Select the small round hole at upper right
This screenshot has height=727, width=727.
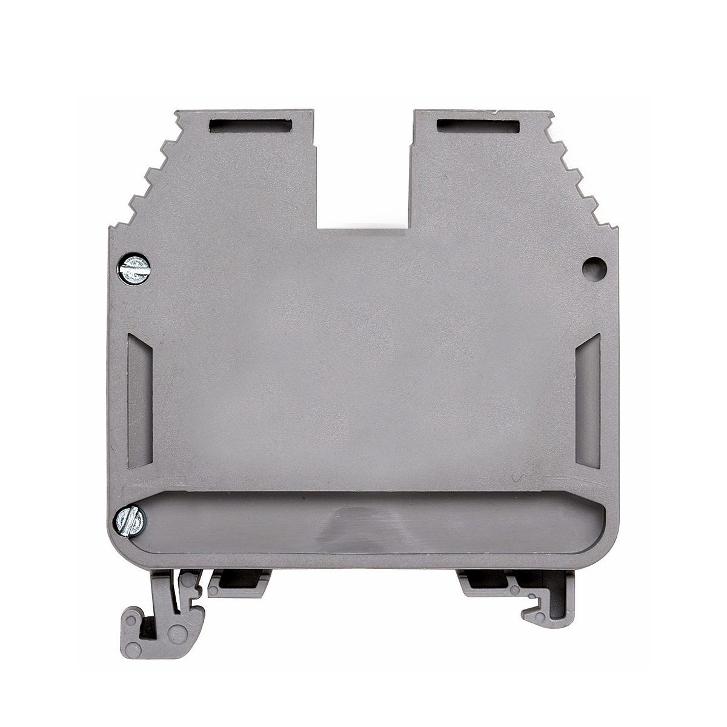point(593,267)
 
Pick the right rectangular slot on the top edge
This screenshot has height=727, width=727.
point(477,126)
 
